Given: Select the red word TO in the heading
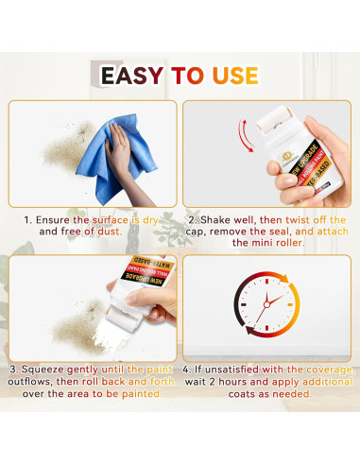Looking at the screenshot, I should tap(186, 76).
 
